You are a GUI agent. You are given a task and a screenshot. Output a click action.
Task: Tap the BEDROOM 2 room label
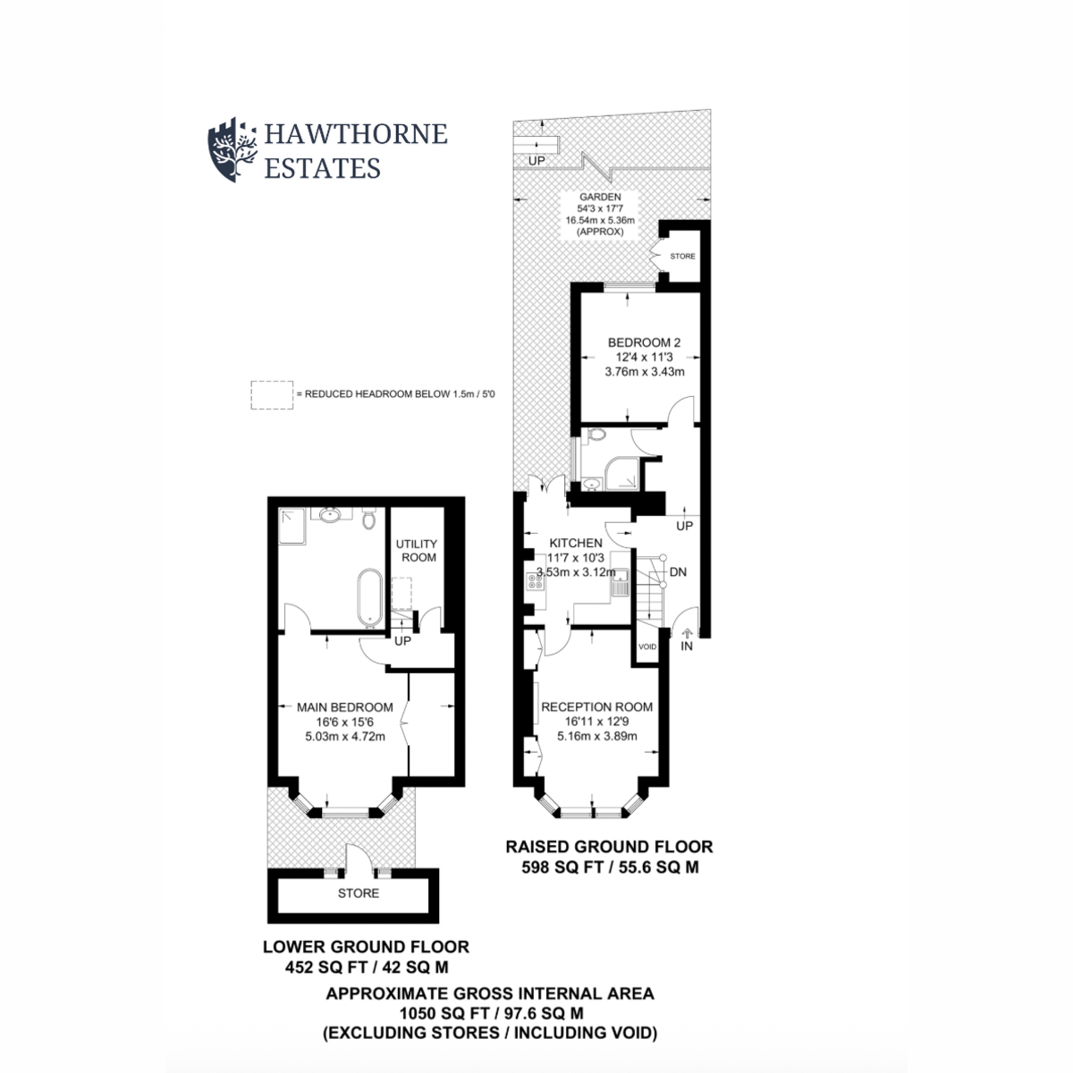click(645, 342)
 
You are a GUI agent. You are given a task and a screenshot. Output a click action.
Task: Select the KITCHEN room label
click(576, 543)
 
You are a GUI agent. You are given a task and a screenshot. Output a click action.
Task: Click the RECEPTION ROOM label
click(596, 706)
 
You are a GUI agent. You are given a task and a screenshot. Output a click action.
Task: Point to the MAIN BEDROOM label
click(344, 707)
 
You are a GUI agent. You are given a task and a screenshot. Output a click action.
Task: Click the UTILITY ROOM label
click(417, 550)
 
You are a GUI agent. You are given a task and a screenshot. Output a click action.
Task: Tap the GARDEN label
click(599, 198)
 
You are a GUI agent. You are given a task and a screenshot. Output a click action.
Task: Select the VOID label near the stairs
click(647, 646)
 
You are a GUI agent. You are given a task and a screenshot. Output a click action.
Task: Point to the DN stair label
click(677, 571)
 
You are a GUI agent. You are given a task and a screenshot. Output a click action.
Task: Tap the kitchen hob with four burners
click(537, 582)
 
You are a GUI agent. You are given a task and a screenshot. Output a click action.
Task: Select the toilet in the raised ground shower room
click(596, 436)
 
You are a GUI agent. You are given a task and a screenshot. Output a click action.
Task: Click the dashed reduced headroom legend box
click(271, 394)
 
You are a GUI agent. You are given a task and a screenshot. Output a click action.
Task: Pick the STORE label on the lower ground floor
click(358, 893)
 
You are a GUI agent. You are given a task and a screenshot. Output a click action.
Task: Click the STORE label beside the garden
click(682, 257)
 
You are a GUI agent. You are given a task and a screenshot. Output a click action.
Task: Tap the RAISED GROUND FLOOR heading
click(609, 846)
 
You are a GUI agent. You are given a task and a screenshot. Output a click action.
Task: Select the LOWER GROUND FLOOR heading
click(366, 946)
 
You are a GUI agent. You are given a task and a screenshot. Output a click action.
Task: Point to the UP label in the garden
click(536, 162)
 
